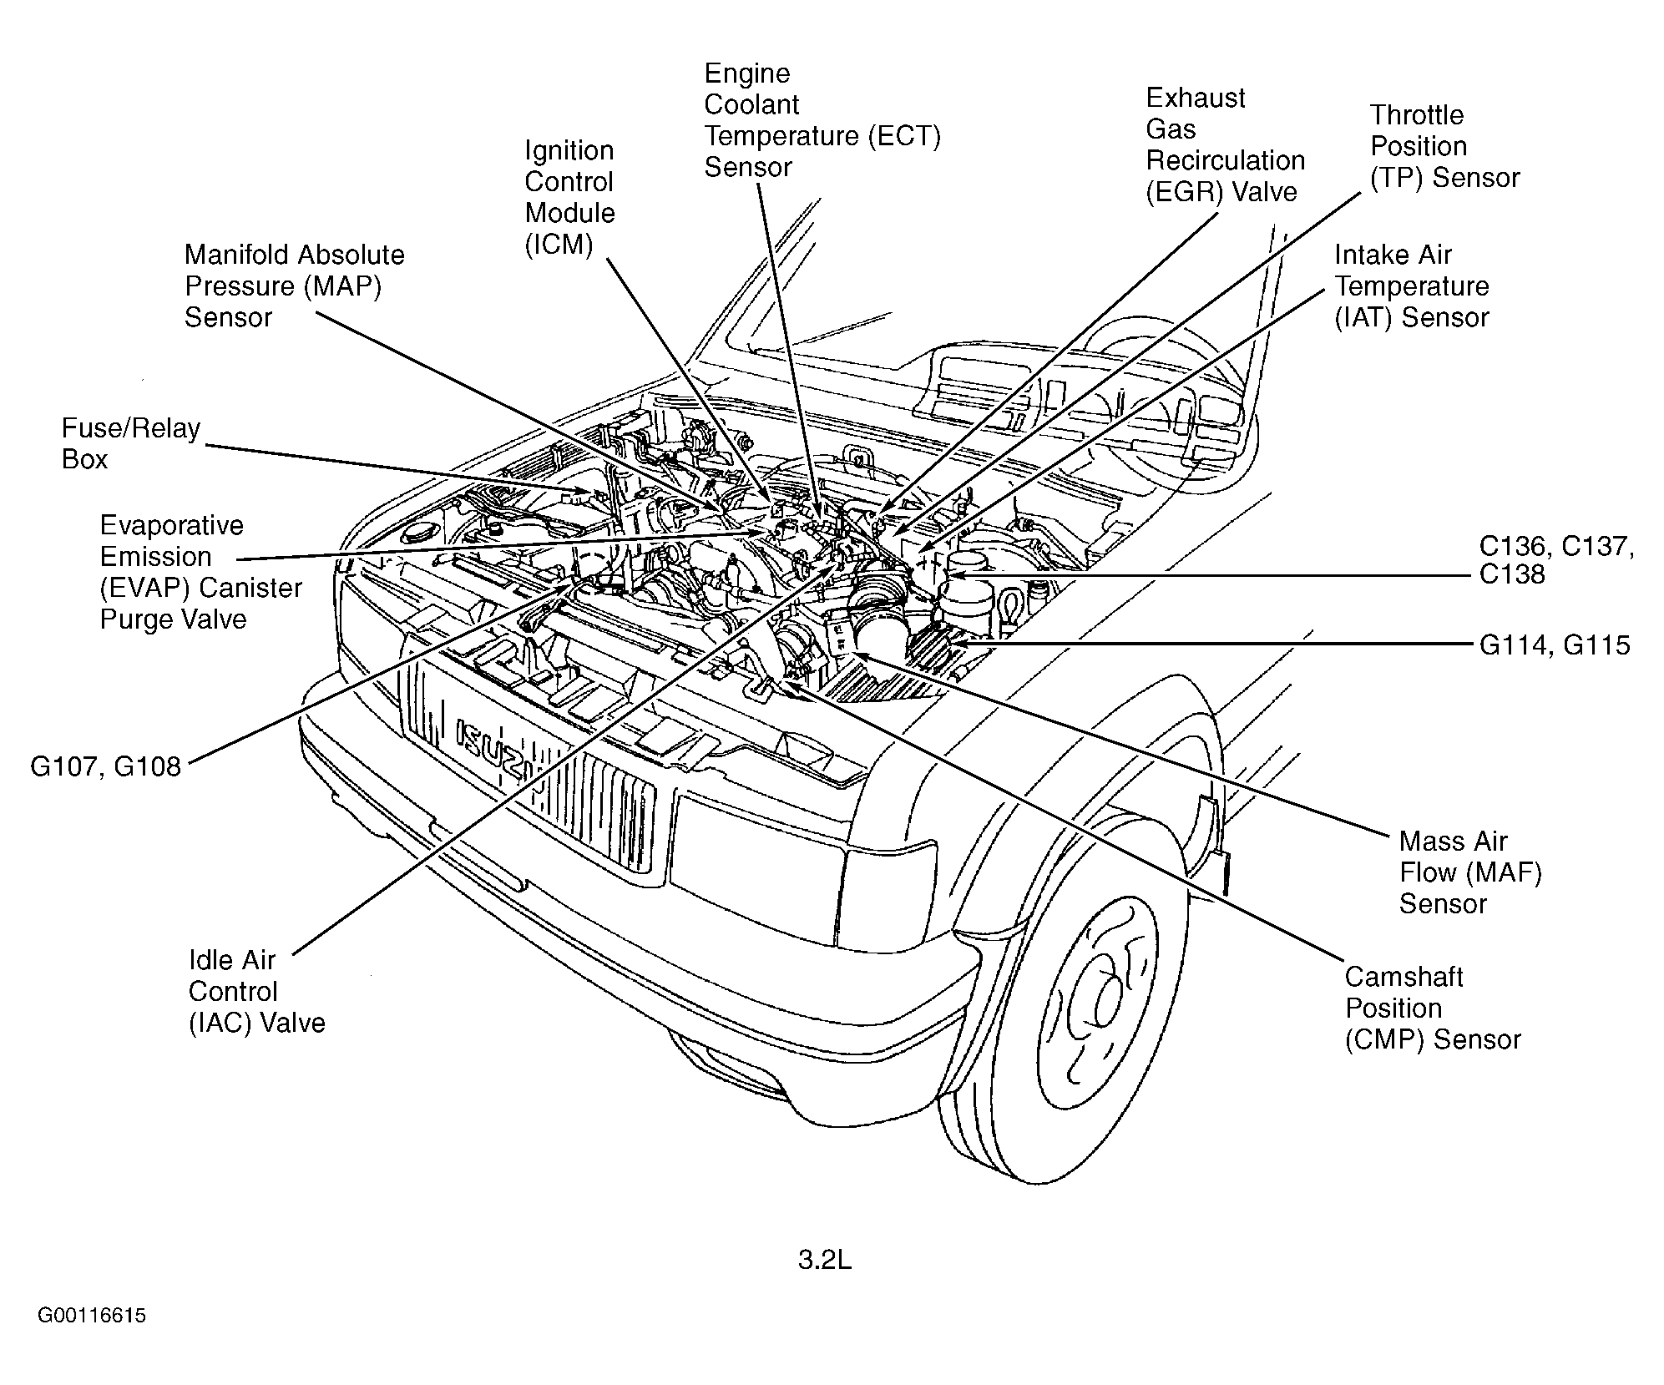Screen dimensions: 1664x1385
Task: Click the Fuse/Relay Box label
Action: pyautogui.click(x=131, y=443)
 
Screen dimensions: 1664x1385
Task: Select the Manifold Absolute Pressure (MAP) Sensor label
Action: pyautogui.click(x=295, y=286)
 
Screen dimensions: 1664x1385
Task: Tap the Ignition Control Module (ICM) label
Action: pyautogui.click(x=569, y=197)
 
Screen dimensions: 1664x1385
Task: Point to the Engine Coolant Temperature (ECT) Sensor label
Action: pyautogui.click(x=822, y=119)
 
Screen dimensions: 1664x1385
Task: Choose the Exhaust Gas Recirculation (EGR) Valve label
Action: pyautogui.click(x=1225, y=144)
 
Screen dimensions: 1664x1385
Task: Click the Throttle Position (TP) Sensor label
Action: pyautogui.click(x=1444, y=146)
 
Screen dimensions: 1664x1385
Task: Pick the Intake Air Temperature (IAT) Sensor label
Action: pyautogui.click(x=1411, y=286)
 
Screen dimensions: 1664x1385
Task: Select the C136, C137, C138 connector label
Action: pyautogui.click(x=1556, y=560)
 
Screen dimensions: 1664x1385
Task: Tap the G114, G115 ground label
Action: pyautogui.click(x=1555, y=644)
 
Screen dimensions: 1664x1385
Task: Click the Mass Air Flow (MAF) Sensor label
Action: pyautogui.click(x=1470, y=872)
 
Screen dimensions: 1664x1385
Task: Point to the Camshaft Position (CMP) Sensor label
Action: pyautogui.click(x=1433, y=1008)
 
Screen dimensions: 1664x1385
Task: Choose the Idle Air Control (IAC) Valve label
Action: pyautogui.click(x=256, y=991)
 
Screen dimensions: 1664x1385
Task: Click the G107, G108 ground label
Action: pyautogui.click(x=105, y=766)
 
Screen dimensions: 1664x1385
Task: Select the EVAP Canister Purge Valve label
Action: pyautogui.click(x=200, y=572)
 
